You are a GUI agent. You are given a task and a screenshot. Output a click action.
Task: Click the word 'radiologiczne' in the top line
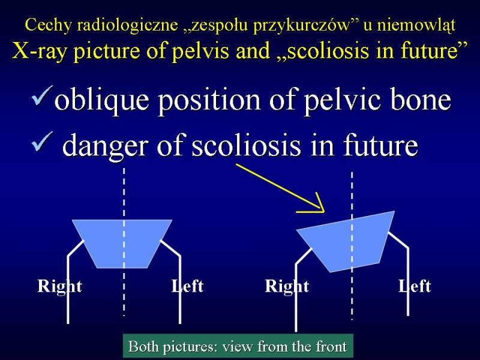[x=127, y=25]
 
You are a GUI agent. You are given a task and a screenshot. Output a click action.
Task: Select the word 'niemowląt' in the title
[x=416, y=26]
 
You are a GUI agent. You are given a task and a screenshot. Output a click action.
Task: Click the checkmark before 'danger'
[x=42, y=142]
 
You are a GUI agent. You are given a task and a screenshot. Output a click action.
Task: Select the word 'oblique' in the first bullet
[x=101, y=100]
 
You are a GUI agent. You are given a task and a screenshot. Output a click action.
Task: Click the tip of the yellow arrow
[x=324, y=211]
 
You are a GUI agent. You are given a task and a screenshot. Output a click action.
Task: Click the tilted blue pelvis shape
[x=346, y=241]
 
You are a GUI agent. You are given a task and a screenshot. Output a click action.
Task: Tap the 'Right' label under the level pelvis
[x=59, y=287]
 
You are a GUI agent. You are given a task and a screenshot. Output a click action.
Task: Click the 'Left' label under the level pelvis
[x=187, y=286]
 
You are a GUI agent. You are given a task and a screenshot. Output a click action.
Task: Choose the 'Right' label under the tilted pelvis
[x=287, y=287]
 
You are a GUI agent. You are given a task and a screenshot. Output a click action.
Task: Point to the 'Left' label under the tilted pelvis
[x=415, y=286]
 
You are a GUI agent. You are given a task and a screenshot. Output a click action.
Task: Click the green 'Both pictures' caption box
[x=238, y=346]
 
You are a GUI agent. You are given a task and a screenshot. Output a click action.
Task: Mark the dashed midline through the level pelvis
[x=124, y=242]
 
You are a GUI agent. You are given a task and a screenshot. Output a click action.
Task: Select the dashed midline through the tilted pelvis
[x=352, y=246]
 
